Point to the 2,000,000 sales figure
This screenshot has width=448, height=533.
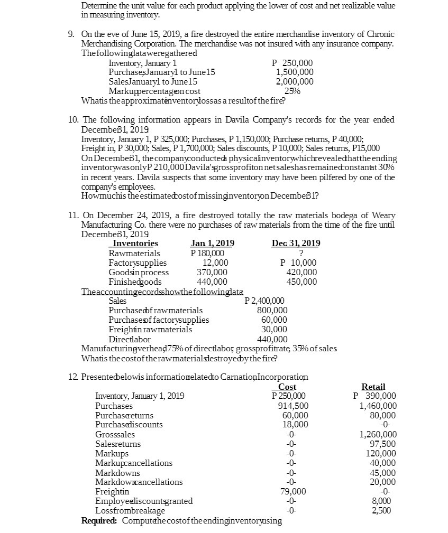(295, 81)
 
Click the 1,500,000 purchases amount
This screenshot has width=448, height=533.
(295, 72)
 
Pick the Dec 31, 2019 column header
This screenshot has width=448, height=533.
(296, 244)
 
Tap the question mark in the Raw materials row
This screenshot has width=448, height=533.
(300, 253)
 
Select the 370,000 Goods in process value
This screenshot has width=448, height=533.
(213, 272)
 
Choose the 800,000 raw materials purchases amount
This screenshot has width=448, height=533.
(272, 311)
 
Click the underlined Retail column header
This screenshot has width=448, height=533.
(373, 387)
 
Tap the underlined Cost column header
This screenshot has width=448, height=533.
(287, 387)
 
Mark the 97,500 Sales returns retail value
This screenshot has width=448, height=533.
(382, 444)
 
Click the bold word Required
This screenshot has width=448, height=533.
(99, 521)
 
